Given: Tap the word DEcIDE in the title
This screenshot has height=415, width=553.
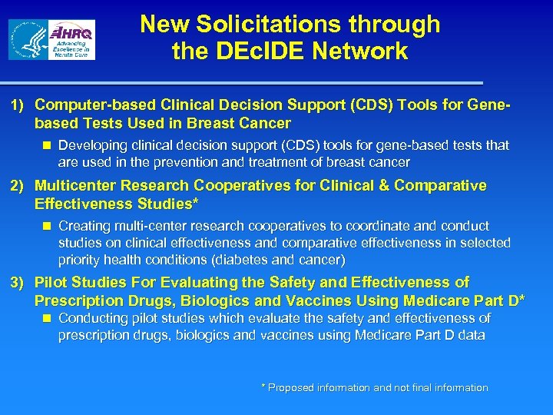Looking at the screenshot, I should point(249,52).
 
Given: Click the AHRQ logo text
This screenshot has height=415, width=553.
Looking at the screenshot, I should point(71,32).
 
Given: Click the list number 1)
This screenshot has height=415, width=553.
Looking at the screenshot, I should point(18,105).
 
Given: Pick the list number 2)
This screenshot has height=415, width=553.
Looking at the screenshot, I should point(18,186).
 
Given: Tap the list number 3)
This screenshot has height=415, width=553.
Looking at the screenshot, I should point(18,283).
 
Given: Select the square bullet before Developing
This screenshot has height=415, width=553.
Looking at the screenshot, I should point(48,145).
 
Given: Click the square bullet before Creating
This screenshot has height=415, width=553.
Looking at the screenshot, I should point(48,227).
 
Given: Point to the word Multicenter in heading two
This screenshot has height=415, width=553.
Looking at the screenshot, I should point(75,186).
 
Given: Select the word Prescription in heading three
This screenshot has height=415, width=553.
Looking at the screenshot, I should point(77,300).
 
